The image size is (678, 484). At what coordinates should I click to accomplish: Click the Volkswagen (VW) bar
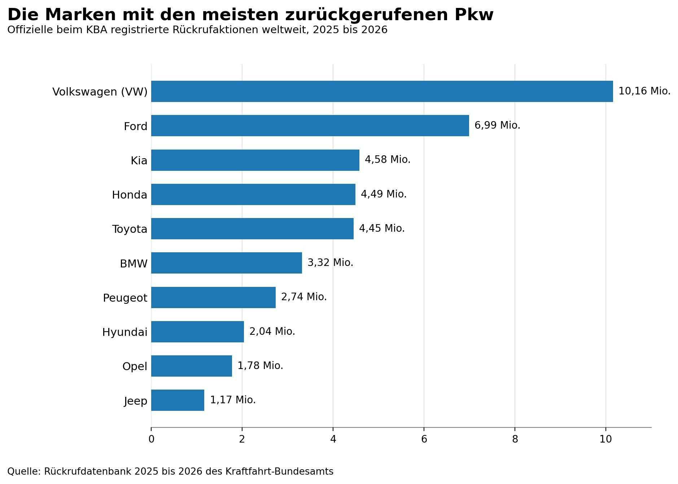[x=382, y=91]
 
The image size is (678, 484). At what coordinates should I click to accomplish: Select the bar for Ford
[x=310, y=125]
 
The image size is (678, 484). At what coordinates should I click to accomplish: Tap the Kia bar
[x=255, y=160]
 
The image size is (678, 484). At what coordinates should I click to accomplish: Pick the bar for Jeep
[x=178, y=400]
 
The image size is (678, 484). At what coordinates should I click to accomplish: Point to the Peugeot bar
[x=213, y=297]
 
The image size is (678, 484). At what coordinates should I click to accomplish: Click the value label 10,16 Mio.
[x=644, y=91]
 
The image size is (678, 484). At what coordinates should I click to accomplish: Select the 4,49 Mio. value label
[x=384, y=194]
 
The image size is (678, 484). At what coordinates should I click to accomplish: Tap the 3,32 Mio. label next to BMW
[x=330, y=263]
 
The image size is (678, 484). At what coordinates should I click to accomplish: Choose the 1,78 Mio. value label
[x=260, y=366]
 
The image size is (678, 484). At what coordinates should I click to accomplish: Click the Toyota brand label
[x=130, y=229]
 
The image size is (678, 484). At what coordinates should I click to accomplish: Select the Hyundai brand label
[x=124, y=332]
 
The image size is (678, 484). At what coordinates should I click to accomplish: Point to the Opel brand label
[x=135, y=367]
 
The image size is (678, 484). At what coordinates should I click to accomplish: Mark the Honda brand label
[x=130, y=195]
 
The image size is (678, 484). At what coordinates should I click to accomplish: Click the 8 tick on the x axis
[x=515, y=439]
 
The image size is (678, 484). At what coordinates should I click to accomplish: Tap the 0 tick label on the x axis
[x=151, y=439]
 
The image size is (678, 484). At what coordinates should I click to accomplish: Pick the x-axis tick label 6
[x=424, y=439]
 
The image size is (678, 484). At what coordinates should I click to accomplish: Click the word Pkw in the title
[x=474, y=15]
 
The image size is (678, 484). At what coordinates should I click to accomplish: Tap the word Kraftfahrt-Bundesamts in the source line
[x=279, y=471]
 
